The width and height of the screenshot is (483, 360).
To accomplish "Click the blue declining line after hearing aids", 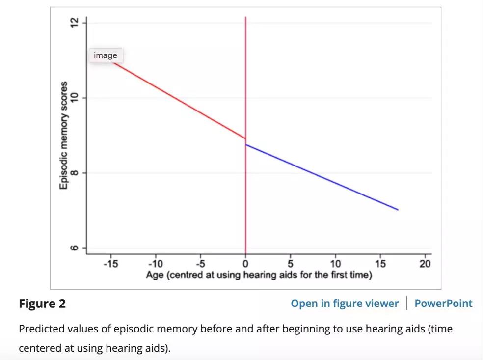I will click(x=322, y=177).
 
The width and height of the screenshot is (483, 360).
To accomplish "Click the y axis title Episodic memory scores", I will click(x=63, y=136).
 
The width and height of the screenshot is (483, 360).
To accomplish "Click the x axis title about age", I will click(x=259, y=275).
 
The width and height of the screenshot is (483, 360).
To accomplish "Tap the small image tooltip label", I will click(x=106, y=55).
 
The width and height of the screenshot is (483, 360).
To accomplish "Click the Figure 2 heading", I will click(x=42, y=304).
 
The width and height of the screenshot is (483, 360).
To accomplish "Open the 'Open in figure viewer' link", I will click(x=345, y=304).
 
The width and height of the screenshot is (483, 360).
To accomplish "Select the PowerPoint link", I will click(x=443, y=304).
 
